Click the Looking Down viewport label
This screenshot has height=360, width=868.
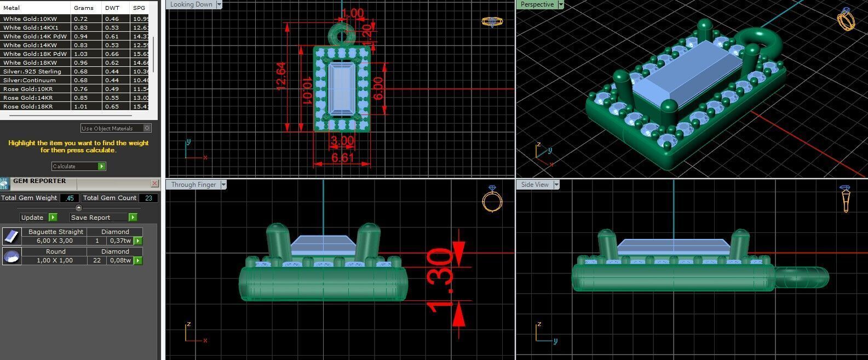pos(191,4)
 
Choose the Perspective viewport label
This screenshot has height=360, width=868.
pos(537,4)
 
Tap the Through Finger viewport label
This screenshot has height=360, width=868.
pos(193,185)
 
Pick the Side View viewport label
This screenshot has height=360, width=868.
pos(534,185)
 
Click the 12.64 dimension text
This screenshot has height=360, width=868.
pos(281,76)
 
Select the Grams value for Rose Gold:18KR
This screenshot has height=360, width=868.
pos(81,106)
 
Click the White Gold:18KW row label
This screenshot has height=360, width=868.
pos(30,62)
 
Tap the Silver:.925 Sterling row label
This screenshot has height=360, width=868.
pos(32,71)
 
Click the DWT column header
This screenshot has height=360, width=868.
pos(112,8)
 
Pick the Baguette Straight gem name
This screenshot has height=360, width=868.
pos(56,232)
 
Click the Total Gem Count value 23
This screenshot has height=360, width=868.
pos(148,198)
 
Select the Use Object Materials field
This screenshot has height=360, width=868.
pos(112,128)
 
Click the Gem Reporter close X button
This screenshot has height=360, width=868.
pos(154,184)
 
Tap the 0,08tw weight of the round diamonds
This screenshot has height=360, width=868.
pos(120,260)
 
